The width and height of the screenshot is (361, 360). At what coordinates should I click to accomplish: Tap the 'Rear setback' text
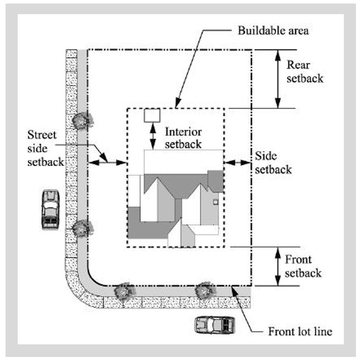point(304,72)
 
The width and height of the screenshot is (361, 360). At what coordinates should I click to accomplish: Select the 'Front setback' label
point(303,267)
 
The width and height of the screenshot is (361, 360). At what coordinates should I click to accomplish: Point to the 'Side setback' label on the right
point(273,162)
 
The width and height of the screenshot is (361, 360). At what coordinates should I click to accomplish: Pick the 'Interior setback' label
point(183,138)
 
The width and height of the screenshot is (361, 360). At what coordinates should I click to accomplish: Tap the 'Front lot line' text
point(300,332)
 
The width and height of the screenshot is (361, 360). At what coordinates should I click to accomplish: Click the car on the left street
point(50,210)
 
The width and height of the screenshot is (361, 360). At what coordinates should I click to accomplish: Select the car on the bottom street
point(215,324)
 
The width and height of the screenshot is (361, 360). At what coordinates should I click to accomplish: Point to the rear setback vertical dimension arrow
point(277,79)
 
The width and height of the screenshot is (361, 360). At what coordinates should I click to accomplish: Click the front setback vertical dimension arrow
point(277,266)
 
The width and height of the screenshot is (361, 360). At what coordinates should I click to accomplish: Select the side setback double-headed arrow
point(238,162)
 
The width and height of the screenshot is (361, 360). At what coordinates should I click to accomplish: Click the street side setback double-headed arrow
point(107,162)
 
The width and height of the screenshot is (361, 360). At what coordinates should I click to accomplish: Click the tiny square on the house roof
point(216,202)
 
